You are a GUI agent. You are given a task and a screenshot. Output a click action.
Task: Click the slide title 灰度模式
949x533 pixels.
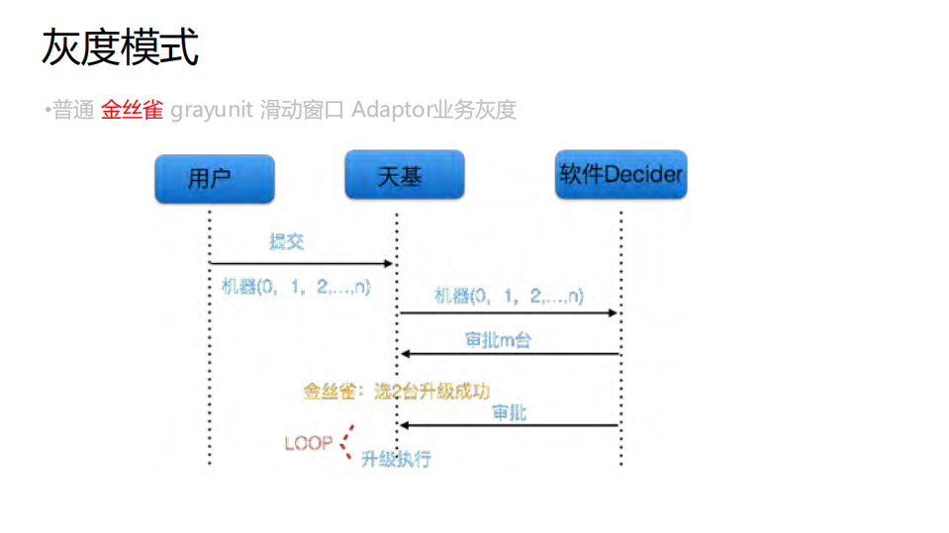pyautogui.click(x=121, y=47)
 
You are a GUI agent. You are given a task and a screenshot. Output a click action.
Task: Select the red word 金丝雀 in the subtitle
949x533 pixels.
pyautogui.click(x=132, y=110)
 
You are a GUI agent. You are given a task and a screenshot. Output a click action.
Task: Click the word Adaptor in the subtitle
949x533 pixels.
pyautogui.click(x=390, y=110)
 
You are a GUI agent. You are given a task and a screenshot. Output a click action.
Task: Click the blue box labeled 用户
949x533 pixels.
pyautogui.click(x=214, y=179)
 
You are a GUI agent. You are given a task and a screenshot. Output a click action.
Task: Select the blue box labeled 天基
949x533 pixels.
pyautogui.click(x=404, y=175)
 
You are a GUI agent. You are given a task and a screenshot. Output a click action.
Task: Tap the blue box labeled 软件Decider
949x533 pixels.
pyautogui.click(x=620, y=175)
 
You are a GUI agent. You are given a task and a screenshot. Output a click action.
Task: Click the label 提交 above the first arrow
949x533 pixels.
pyautogui.click(x=287, y=242)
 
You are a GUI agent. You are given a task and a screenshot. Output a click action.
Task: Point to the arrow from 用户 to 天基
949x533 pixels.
pyautogui.click(x=302, y=263)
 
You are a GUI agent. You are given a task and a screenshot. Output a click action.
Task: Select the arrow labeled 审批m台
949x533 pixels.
pyautogui.click(x=509, y=354)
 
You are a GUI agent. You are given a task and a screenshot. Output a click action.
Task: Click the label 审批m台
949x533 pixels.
pyautogui.click(x=498, y=339)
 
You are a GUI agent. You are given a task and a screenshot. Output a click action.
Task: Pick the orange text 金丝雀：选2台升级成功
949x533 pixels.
pyautogui.click(x=397, y=391)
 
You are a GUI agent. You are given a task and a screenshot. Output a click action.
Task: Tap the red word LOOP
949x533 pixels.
pyautogui.click(x=308, y=443)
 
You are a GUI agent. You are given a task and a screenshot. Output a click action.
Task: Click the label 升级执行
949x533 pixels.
pyautogui.click(x=396, y=459)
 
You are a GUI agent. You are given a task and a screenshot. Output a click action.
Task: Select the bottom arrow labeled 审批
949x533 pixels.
pyautogui.click(x=509, y=425)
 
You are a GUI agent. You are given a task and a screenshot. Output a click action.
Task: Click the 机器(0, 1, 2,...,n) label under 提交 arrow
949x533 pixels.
pyautogui.click(x=296, y=287)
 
